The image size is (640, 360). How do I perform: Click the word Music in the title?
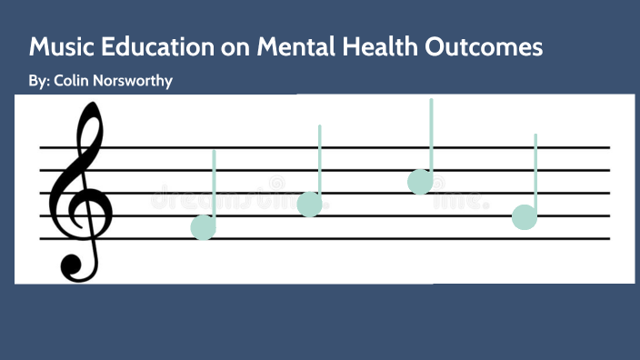click(60, 47)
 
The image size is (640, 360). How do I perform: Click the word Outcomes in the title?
click(492, 47)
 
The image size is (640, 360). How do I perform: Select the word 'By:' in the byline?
click(39, 81)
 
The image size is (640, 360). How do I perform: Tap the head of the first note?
click(204, 227)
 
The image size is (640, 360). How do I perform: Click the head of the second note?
click(309, 205)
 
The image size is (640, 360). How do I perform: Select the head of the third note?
click(420, 182)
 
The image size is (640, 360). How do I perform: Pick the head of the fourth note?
click(525, 217)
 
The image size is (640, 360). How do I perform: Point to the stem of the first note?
click(215, 182)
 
